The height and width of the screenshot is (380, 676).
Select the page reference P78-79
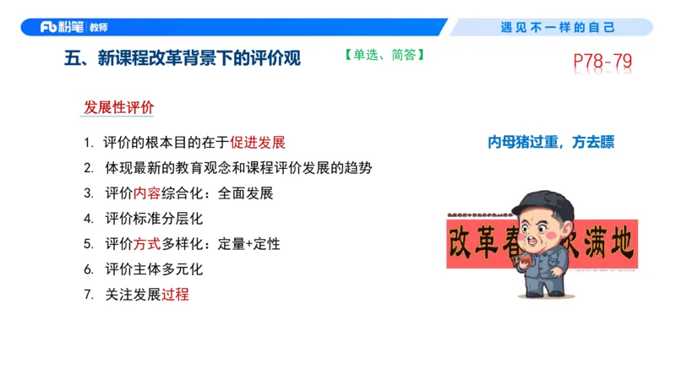602,62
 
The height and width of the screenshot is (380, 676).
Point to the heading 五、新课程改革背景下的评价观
182,59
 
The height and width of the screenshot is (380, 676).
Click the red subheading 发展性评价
118,108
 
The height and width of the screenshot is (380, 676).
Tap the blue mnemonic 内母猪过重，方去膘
551,143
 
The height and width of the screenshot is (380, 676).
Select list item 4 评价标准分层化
154,218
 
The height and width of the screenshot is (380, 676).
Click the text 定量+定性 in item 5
248,244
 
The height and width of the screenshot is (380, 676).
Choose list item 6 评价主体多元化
154,269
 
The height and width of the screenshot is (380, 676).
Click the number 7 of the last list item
87,295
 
